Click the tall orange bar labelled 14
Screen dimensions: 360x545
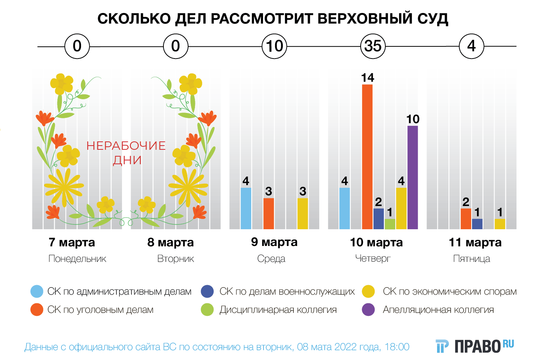click(367, 157)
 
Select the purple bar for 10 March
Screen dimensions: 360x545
click(412, 178)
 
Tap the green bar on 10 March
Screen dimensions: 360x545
click(390, 224)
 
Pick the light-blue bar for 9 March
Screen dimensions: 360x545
click(246, 208)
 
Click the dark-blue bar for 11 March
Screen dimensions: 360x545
click(477, 224)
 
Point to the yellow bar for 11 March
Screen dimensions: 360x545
click(500, 224)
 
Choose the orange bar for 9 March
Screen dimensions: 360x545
click(269, 214)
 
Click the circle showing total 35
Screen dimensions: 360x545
click(373, 46)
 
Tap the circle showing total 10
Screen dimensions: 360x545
click(274, 46)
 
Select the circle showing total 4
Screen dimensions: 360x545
click(471, 46)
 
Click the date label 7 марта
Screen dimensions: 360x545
click(72, 242)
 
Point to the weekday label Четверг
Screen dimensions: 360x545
click(373, 259)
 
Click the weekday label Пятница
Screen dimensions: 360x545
click(472, 259)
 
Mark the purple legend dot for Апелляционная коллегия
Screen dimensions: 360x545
click(368, 309)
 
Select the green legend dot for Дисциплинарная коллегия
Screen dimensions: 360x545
click(207, 309)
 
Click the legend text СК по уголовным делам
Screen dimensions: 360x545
click(100, 310)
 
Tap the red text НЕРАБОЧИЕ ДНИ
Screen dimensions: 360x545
click(126, 152)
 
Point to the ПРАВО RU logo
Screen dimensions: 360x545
click(475, 346)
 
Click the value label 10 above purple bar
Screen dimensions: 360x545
click(413, 119)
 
